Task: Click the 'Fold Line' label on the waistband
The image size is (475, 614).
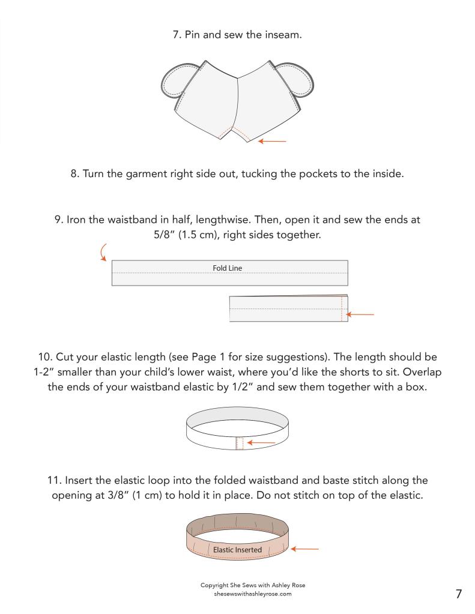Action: tap(228, 268)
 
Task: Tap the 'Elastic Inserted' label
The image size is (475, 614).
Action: tap(237, 550)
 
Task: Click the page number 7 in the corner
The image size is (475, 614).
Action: tap(459, 594)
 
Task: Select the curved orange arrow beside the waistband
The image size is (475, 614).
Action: tap(103, 252)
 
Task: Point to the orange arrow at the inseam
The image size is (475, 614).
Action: tap(272, 141)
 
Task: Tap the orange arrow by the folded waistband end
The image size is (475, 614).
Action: tap(360, 314)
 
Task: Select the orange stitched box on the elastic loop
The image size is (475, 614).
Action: tap(240, 444)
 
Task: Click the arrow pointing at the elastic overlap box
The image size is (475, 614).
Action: tap(261, 443)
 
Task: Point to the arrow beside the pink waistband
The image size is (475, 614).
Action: tap(304, 549)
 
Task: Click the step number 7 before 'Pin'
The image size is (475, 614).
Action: tap(177, 35)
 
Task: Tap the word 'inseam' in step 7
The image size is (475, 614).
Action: tap(283, 35)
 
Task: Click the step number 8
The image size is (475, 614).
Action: tap(75, 174)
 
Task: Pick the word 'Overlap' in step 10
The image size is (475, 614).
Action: tap(422, 372)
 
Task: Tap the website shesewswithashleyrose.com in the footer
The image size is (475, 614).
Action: tap(253, 594)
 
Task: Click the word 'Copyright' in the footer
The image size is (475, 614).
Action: tap(214, 585)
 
